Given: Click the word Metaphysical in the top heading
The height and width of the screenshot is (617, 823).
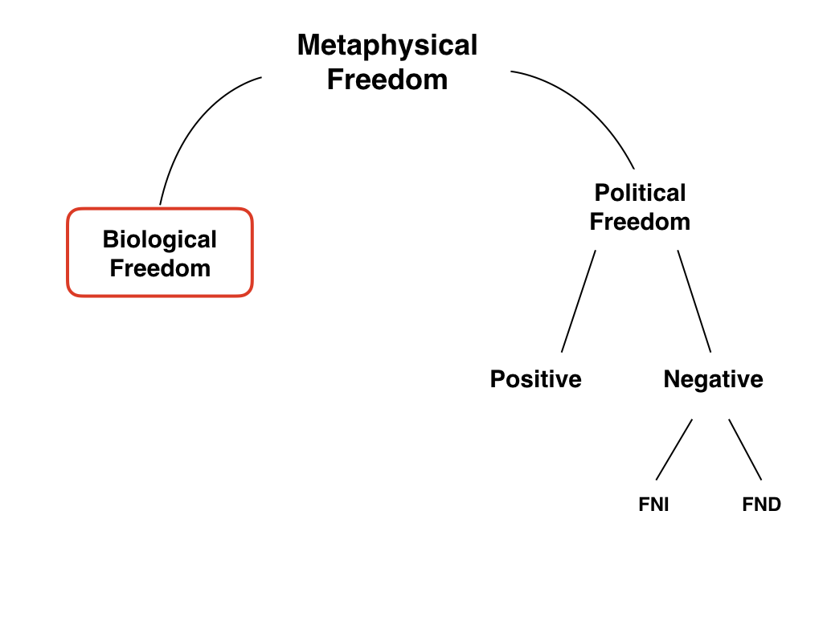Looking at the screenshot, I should (x=387, y=46).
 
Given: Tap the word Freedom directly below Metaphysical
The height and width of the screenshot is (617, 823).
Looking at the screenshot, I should (x=387, y=80).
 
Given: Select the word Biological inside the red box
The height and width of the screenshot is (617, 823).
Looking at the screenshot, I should (x=159, y=239).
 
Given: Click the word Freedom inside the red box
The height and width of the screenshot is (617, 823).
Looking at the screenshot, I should (x=159, y=268).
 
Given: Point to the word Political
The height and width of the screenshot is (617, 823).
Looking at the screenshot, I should (x=640, y=193).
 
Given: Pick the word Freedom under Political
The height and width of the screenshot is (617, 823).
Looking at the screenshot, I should (x=640, y=222).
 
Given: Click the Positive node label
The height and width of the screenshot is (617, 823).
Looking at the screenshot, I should (x=535, y=379).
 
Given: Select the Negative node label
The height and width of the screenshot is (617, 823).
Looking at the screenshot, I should (x=713, y=379).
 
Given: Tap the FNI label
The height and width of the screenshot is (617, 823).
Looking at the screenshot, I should (x=653, y=505).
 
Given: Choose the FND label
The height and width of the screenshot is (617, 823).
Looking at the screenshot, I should (x=761, y=505).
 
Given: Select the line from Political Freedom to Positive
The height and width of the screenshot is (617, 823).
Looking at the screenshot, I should (x=579, y=301).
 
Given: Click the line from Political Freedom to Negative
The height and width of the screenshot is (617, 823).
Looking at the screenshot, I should (x=694, y=301).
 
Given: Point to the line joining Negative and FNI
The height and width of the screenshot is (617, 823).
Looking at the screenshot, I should (x=674, y=450).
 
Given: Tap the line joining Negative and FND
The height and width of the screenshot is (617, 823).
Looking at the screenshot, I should (x=745, y=450).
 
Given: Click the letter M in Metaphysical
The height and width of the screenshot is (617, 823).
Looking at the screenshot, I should (x=308, y=46).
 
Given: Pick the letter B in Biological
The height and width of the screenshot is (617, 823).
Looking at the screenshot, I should (x=109, y=239).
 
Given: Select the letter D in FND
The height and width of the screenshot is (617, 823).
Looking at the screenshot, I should (x=773, y=505).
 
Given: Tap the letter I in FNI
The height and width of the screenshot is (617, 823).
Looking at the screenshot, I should (x=665, y=505).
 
